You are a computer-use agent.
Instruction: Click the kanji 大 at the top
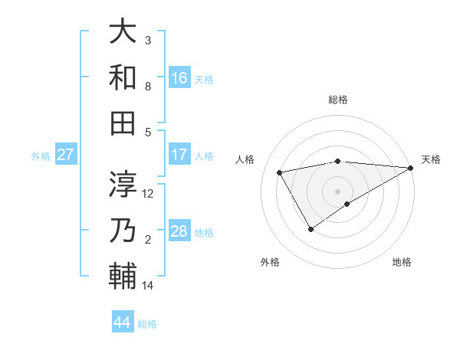123,33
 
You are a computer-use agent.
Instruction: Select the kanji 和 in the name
123,77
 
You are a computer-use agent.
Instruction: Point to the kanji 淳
123,184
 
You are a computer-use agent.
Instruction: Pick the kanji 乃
123,230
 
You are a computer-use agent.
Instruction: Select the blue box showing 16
179,77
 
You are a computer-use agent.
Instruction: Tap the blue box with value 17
179,155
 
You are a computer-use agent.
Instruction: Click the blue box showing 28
179,231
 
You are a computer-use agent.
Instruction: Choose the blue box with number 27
66,155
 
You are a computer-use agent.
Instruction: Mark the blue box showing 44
123,322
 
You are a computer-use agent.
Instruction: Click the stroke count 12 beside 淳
149,193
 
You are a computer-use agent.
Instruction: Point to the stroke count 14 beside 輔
148,286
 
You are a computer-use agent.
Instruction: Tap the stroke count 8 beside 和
148,87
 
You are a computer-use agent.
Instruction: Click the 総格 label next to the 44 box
147,324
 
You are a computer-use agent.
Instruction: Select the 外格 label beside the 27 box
41,156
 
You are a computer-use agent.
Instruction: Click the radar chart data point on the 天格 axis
411,169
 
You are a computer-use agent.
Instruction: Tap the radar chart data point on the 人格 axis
280,172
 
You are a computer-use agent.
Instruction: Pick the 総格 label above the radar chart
338,100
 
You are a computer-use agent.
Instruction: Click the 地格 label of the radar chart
402,262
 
